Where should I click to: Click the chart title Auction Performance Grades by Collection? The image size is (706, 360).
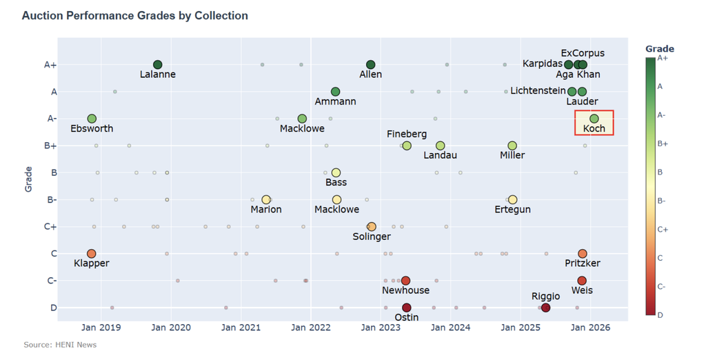(x=134, y=15)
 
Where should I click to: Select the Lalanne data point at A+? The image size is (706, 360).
(x=157, y=65)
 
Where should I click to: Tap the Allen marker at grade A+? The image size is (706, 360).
(x=371, y=65)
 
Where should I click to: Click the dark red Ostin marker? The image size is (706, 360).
(x=407, y=308)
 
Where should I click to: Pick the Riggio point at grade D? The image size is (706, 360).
(x=546, y=308)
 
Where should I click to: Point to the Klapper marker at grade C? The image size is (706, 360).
(x=92, y=254)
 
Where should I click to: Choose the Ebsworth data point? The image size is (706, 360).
(x=92, y=119)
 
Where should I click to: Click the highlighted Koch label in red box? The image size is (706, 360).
(x=594, y=129)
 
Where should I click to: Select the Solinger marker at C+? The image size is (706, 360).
(x=372, y=227)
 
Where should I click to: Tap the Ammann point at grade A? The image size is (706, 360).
(x=335, y=92)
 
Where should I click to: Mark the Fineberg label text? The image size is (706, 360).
(x=407, y=134)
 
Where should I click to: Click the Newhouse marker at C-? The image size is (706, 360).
(x=405, y=281)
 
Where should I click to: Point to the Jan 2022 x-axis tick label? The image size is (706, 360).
(x=311, y=327)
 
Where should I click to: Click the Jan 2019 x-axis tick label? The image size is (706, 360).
(x=101, y=327)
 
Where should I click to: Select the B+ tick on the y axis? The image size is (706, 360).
(x=50, y=146)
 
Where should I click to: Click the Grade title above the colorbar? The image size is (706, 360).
(x=659, y=48)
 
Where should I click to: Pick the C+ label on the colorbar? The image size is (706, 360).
(x=663, y=229)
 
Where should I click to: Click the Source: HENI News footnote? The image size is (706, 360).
(x=60, y=344)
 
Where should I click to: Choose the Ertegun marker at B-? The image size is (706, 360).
(x=512, y=200)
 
